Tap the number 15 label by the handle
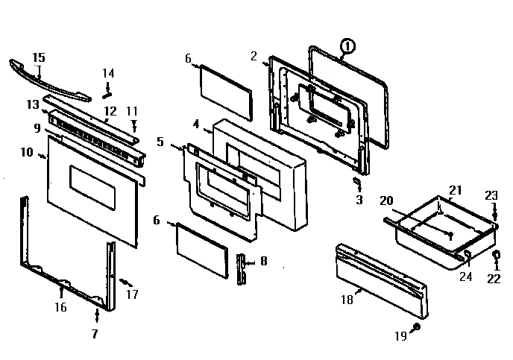tap(39, 57)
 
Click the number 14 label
tap(108, 73)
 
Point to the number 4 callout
tap(196, 124)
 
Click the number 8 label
tap(262, 262)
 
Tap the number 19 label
tap(400, 336)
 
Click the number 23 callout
tap(491, 195)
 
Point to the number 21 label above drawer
tap(455, 189)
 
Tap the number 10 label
tap(26, 153)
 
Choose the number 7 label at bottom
tap(95, 334)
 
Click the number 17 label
tap(133, 294)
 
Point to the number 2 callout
tap(254, 56)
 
